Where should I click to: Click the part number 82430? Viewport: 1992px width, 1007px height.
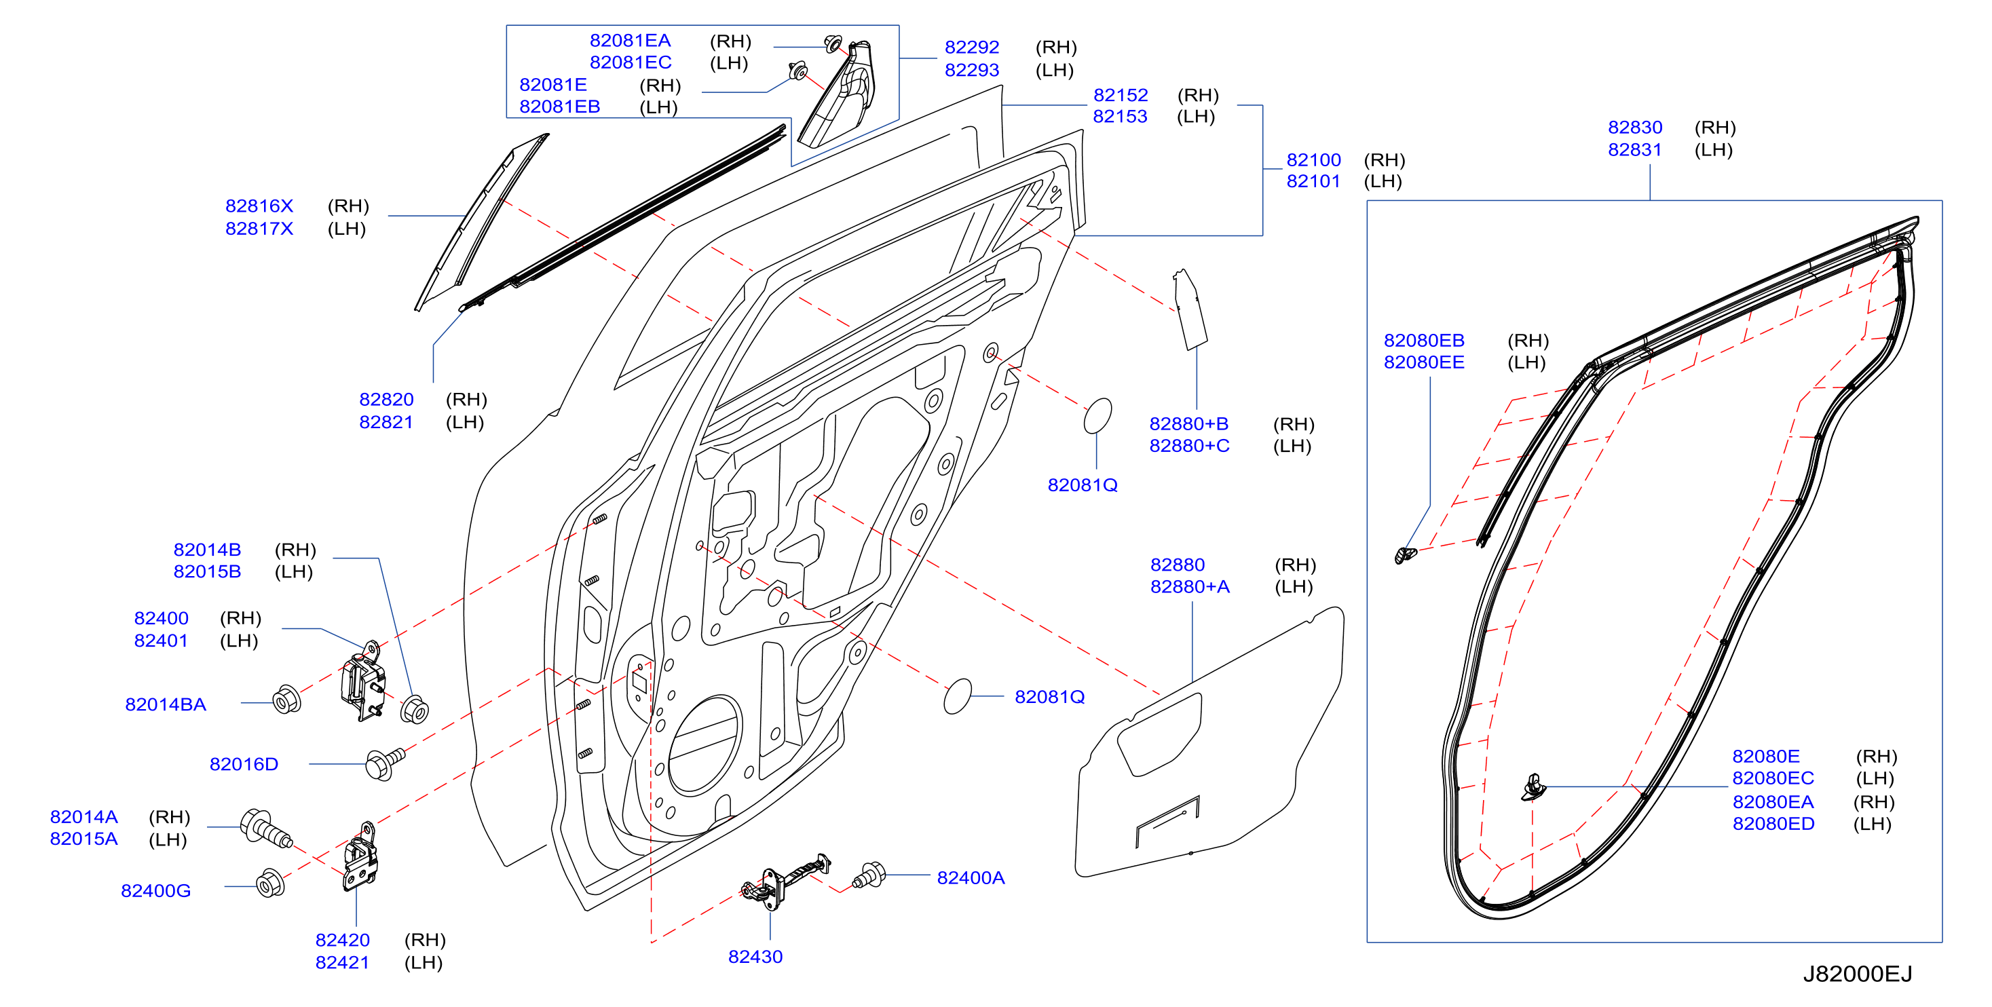pyautogui.click(x=755, y=957)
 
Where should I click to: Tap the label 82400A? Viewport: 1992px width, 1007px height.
pyautogui.click(x=971, y=878)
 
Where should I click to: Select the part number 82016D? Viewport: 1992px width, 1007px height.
pyautogui.click(x=244, y=764)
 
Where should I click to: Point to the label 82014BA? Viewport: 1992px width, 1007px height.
pyautogui.click(x=166, y=704)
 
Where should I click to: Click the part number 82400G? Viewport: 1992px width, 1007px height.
pyautogui.click(x=155, y=891)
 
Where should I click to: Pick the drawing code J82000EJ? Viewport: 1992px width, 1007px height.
pyautogui.click(x=1858, y=974)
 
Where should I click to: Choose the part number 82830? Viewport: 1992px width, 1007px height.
pyautogui.click(x=1635, y=128)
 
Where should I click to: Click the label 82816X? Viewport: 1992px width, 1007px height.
pyautogui.click(x=259, y=206)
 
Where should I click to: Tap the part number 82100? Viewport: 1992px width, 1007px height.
pyautogui.click(x=1313, y=160)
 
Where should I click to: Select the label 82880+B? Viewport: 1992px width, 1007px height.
pyautogui.click(x=1188, y=424)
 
